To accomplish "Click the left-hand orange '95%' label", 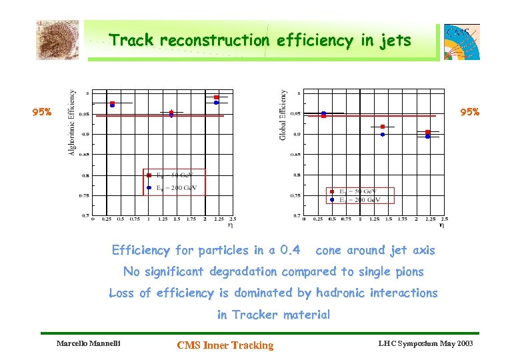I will (42, 112).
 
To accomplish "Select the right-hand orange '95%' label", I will (469, 112).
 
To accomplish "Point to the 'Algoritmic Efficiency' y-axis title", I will (72, 123).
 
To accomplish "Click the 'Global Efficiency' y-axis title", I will (283, 115).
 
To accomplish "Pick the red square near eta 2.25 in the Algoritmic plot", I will (216, 97).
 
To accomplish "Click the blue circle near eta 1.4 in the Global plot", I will (383, 134).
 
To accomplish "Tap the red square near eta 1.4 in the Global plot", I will (383, 127).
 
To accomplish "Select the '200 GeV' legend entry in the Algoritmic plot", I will (177, 188).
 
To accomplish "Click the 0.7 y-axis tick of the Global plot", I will (295, 216).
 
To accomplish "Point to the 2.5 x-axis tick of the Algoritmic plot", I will (233, 219).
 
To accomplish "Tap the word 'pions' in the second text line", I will (407, 271).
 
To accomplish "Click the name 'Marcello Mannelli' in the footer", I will (85, 344).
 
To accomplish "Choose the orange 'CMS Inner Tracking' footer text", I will (225, 345).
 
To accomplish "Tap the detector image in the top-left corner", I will (57, 40).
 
